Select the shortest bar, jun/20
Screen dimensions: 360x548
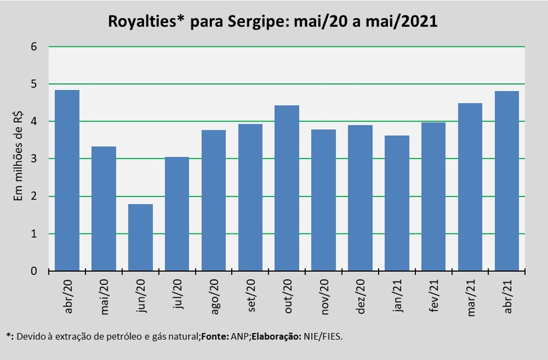[x=141, y=238]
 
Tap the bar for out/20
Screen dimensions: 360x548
[x=287, y=188]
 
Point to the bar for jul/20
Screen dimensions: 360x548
[x=177, y=214]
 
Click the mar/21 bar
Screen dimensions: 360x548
[x=470, y=187]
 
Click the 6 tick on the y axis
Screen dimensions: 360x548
[x=34, y=47]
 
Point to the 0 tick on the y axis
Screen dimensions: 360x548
[x=34, y=271]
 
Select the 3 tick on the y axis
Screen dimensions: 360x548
[x=34, y=159]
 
